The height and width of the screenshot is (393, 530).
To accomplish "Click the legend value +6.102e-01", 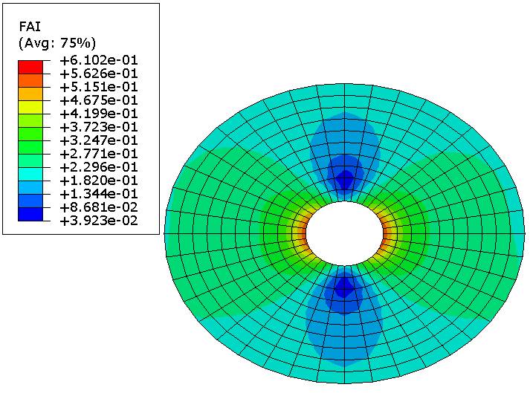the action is (99, 60).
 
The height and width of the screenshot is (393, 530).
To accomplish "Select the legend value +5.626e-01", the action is (99, 74).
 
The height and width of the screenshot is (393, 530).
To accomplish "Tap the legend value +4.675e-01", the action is (99, 100).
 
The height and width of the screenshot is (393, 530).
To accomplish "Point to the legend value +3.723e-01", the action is (99, 127).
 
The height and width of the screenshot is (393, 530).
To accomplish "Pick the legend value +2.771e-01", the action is (99, 154).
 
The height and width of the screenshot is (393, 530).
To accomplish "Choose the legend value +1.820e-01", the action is (99, 181).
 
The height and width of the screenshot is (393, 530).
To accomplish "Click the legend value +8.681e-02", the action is (99, 207).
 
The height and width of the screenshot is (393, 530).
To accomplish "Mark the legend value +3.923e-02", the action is (99, 221).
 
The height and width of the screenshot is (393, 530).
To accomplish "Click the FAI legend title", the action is (30, 27).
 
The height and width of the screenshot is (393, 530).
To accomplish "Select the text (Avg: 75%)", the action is (57, 43).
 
